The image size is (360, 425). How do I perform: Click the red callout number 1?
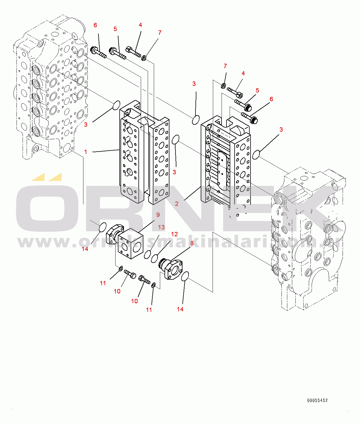(86, 152)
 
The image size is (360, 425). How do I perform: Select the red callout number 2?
(177, 204)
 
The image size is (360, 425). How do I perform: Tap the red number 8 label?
(192, 243)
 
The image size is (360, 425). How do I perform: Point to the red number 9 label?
(158, 215)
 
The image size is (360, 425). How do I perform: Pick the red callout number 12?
(174, 234)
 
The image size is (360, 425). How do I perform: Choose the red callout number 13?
(161, 227)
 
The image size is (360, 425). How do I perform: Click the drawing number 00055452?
(317, 400)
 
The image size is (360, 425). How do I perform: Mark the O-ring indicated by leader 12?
(155, 258)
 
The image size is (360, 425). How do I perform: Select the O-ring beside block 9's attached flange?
(103, 227)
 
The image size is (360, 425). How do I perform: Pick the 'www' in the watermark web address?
(43, 242)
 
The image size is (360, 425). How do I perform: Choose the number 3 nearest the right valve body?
(281, 130)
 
